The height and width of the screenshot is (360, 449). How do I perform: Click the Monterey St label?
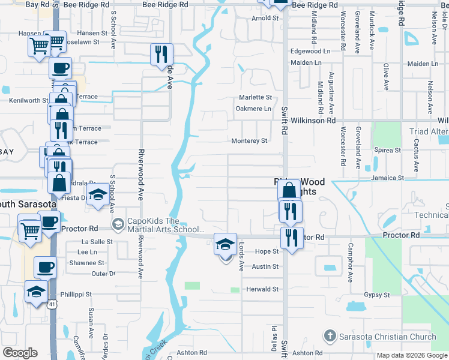[249, 141]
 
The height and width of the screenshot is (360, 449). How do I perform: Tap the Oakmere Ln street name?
[253, 109]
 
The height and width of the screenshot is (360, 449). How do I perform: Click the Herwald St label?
[262, 289]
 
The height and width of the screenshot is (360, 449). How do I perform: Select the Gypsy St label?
[377, 295]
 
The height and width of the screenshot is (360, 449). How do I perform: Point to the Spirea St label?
[387, 150]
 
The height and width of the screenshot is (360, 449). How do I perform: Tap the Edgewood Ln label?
[310, 52]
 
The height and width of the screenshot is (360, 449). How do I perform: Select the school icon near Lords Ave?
[226, 245]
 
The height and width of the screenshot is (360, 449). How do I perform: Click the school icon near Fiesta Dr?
[97, 195]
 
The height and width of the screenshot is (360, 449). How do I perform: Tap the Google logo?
[20, 353]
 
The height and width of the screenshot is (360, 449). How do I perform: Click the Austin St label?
[265, 266]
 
